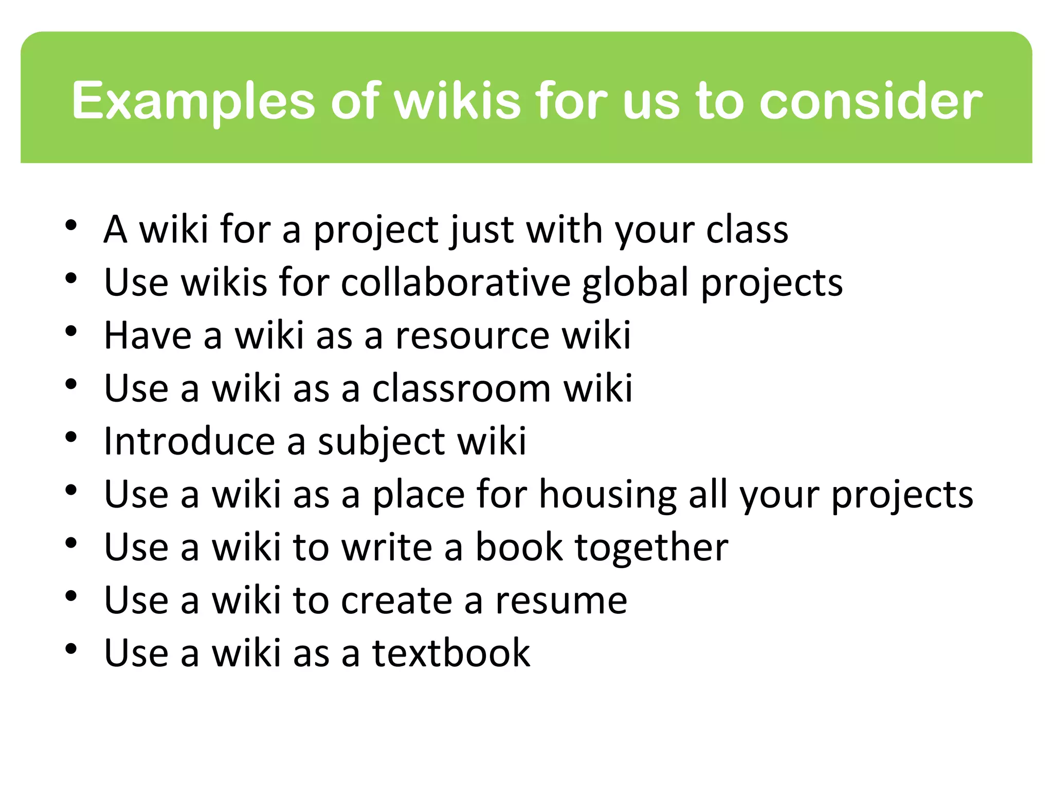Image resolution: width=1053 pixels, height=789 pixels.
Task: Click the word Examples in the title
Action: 193,101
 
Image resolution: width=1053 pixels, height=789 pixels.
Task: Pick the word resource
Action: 473,336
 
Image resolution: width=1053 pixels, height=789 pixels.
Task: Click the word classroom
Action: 461,388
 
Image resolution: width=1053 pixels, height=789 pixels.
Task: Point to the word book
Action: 519,547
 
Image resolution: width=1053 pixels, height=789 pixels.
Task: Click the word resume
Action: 561,601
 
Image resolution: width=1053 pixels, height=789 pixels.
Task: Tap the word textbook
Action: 451,653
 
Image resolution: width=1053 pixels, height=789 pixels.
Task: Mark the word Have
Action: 148,336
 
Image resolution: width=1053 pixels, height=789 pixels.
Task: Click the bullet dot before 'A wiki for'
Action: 71,225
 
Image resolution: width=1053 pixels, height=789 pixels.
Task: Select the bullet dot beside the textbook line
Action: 71,649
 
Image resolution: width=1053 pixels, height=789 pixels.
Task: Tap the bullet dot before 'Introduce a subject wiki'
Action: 71,437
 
